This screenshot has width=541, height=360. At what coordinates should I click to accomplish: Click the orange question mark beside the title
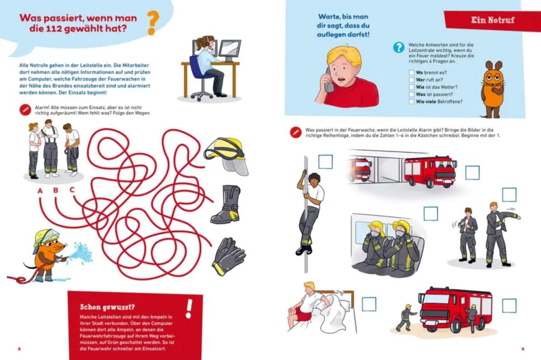coord(153,23)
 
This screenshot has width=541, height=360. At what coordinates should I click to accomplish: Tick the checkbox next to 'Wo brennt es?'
coord(412,73)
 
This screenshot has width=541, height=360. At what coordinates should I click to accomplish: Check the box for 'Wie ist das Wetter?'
coord(412,87)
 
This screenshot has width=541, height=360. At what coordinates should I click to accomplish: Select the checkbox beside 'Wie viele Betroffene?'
coord(412,101)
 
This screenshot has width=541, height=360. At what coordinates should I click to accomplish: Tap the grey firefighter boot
coord(225,204)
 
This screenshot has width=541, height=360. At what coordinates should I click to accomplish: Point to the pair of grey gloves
coord(229,256)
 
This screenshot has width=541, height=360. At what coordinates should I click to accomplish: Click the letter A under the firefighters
coord(40,191)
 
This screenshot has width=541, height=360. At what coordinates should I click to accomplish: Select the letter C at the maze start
coord(72,190)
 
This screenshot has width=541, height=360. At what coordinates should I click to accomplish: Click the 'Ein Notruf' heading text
coord(493,20)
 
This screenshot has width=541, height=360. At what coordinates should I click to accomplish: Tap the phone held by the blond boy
coord(329,80)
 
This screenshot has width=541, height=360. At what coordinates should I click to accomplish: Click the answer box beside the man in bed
coord(369,304)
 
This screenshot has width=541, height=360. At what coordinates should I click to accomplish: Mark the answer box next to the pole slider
coord(326,162)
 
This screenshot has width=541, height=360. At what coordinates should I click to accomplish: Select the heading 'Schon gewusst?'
coord(107,307)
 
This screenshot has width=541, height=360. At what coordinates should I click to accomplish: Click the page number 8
coord(19,349)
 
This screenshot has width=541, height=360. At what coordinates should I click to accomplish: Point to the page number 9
coord(523,349)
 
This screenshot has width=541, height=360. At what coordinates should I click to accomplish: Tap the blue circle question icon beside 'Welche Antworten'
coord(399,48)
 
